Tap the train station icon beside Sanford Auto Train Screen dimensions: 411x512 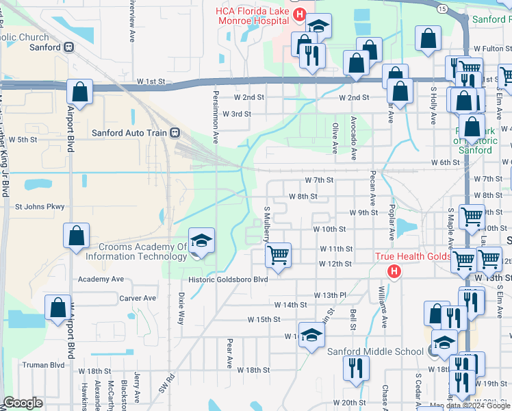(175, 132)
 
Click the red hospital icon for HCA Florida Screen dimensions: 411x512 (298, 14)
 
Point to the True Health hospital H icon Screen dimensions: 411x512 (394, 271)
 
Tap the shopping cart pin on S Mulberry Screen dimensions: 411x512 (278, 256)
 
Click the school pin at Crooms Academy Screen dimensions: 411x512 (201, 240)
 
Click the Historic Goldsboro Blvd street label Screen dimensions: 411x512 (229, 279)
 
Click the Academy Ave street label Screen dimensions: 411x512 (101, 279)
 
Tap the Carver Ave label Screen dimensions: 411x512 (137, 299)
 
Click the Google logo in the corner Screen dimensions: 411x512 (23, 403)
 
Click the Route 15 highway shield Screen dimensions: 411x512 (443, 8)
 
